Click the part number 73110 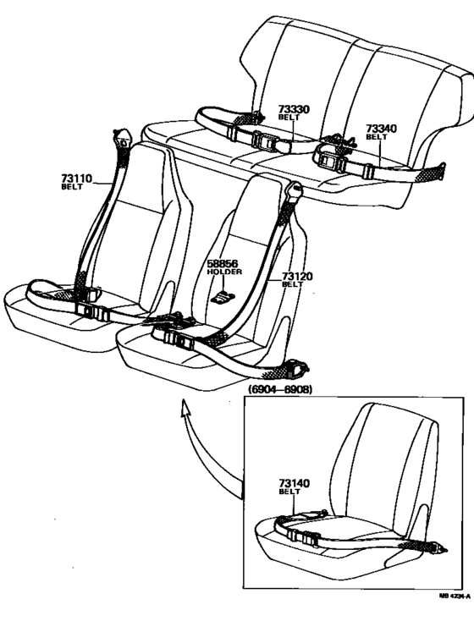coord(75,178)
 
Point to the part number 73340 coord(381,129)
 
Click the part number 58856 coord(223,263)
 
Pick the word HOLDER coord(224,272)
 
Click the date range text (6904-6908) coord(279,391)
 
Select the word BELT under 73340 coord(376,137)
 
